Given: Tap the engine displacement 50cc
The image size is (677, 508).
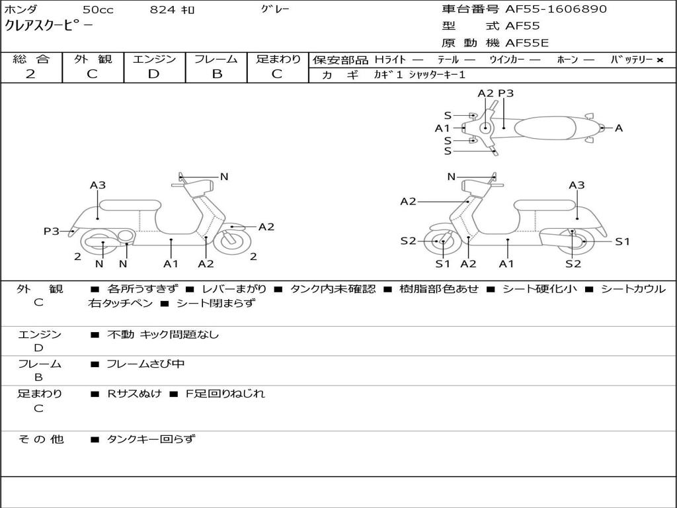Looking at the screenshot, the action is pos(97,10).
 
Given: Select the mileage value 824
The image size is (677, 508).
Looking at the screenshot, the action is pos(162,10).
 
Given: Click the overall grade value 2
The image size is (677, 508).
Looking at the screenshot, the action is pos(30,74).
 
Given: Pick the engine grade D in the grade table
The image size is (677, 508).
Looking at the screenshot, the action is pos(153,74).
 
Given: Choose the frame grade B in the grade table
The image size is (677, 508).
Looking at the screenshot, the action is pos(216,74).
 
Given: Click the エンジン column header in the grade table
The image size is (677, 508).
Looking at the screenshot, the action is pos(154,60).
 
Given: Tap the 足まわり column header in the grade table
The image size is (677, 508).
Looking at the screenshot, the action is pos(278,60).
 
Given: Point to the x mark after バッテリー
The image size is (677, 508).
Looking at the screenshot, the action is pos(659,60).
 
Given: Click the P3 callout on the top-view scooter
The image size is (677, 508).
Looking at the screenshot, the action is pos(506,94).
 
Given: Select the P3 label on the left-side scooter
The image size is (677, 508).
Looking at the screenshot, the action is pos(52,231).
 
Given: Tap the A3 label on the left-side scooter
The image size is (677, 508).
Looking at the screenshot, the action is pos(98,185).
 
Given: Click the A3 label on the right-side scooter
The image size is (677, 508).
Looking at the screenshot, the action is pos(577,185).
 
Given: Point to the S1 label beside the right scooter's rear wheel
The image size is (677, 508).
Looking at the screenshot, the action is pos(622,242).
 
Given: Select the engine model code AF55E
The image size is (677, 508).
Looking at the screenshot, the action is pos(527,43).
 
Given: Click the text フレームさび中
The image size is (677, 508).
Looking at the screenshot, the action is pos(145,364).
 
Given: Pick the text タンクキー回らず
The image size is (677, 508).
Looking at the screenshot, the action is pos(151,439).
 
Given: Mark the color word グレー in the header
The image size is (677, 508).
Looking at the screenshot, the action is pos(275,9).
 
